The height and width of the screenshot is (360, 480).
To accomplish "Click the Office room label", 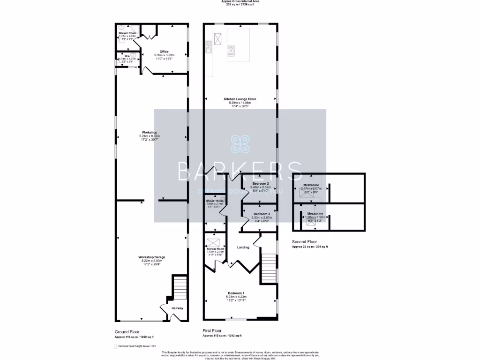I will pos(164,52).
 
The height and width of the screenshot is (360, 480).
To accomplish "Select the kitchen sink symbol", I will pos(208,46).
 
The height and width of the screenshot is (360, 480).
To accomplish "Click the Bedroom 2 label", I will pos(260,183).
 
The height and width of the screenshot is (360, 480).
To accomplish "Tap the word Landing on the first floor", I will pos(243,247).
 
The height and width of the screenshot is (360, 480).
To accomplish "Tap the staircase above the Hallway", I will pos(180,287).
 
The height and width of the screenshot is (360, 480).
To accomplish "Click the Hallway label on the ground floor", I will pos(177,308).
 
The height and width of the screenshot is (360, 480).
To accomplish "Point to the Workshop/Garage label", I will pos(151,257).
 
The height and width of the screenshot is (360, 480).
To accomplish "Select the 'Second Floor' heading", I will pos(303,241).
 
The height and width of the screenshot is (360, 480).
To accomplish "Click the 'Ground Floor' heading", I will pos(127,331).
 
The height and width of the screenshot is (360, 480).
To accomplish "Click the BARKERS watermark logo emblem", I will pos(240,144).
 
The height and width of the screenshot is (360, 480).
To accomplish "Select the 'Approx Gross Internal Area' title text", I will pos(240,1).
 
